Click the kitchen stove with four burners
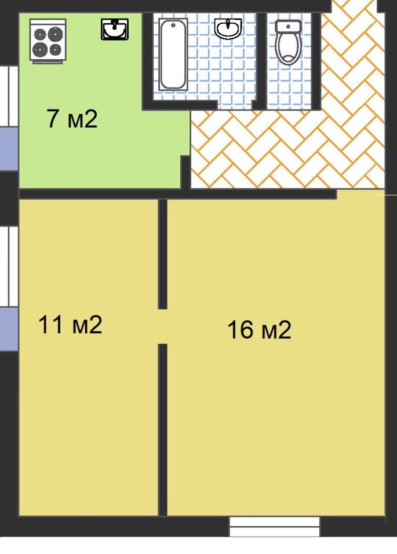(x=48, y=41)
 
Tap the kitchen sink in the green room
(x=115, y=29)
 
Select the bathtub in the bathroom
(x=173, y=54)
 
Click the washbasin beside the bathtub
(x=228, y=28)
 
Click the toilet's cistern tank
(x=288, y=27)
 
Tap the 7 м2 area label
(x=72, y=119)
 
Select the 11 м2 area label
(x=70, y=325)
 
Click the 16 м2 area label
(x=259, y=329)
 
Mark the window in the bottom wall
(x=275, y=527)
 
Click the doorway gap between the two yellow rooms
(x=162, y=326)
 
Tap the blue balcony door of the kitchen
(x=9, y=149)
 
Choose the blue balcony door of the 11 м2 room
(x=9, y=329)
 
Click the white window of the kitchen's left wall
(x=9, y=96)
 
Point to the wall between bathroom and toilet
(x=261, y=60)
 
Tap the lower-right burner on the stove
(x=56, y=50)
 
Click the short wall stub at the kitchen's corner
(x=186, y=172)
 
